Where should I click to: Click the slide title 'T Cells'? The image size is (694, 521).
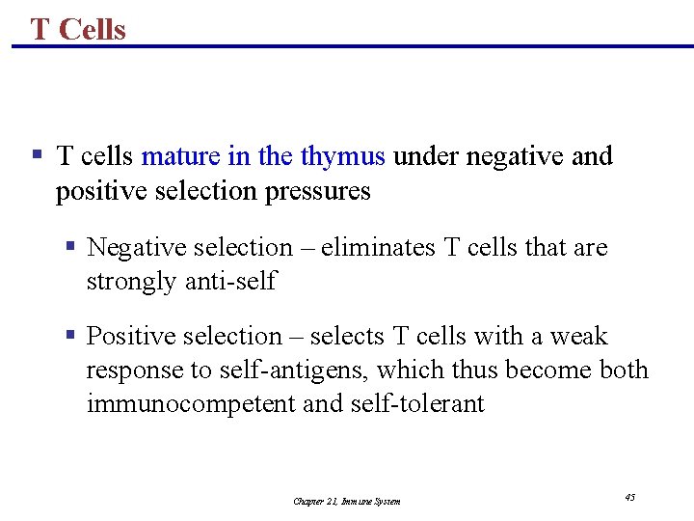point(78,29)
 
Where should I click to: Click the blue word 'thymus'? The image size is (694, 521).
point(342,156)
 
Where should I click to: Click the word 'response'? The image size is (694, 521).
point(128,370)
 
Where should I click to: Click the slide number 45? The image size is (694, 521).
point(629,498)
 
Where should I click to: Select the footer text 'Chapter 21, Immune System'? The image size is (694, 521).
point(347,501)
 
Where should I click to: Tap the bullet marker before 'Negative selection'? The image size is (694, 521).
point(70,247)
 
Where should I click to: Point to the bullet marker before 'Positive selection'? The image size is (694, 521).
point(70,336)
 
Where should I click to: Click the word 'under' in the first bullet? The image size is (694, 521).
point(425,156)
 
